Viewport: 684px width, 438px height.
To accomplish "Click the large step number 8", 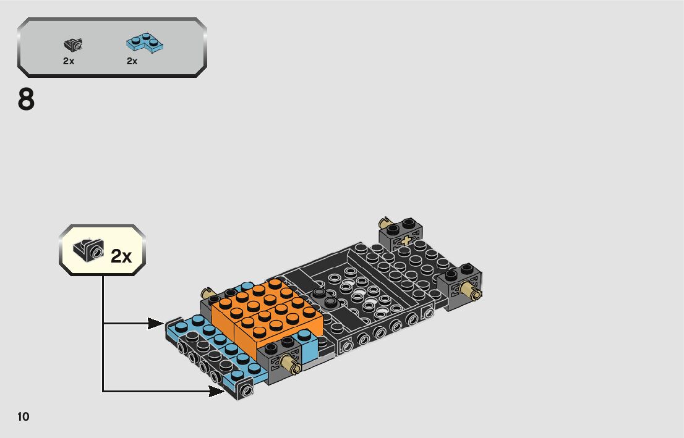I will tap(26, 101).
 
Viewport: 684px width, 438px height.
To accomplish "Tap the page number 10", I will tap(24, 417).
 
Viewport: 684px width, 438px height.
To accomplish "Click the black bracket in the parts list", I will tap(74, 44).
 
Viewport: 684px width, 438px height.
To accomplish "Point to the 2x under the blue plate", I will tap(132, 61).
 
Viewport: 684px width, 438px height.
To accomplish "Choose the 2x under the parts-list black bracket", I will tap(68, 61).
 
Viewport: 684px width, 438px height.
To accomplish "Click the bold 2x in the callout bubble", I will tap(121, 256).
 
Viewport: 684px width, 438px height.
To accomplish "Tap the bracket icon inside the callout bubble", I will tap(88, 251).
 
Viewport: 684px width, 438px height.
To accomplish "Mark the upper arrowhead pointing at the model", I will tap(157, 322).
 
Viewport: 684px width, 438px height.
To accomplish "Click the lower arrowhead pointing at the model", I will tap(217, 390).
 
